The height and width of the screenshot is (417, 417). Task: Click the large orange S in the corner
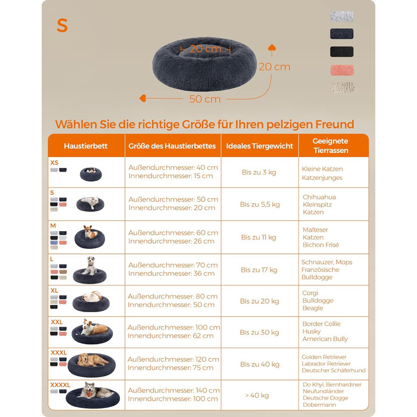(62, 26)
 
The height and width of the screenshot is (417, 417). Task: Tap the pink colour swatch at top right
(342, 70)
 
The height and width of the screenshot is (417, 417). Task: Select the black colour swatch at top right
(342, 52)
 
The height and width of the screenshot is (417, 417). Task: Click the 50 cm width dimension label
(205, 99)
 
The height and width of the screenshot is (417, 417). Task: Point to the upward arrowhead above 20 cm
(272, 48)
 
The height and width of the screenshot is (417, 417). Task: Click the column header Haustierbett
(86, 146)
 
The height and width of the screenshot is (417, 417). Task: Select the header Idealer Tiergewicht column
(260, 146)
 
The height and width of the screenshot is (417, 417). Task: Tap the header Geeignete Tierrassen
(331, 146)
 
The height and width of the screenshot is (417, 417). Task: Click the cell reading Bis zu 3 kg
(259, 172)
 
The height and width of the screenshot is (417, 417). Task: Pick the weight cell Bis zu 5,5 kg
(260, 204)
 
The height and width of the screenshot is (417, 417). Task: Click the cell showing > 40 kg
(257, 396)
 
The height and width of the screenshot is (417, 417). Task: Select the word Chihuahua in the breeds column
(319, 197)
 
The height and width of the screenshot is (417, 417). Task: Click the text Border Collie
(322, 323)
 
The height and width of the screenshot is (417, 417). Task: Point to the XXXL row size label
(59, 353)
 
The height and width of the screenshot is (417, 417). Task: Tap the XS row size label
(54, 163)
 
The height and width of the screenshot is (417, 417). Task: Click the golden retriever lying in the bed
(92, 360)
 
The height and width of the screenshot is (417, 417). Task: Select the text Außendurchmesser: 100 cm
(174, 328)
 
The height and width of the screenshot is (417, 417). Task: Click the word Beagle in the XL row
(313, 308)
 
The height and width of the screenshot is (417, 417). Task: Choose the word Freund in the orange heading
(335, 124)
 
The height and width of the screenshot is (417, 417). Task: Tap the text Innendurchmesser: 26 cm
(172, 241)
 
